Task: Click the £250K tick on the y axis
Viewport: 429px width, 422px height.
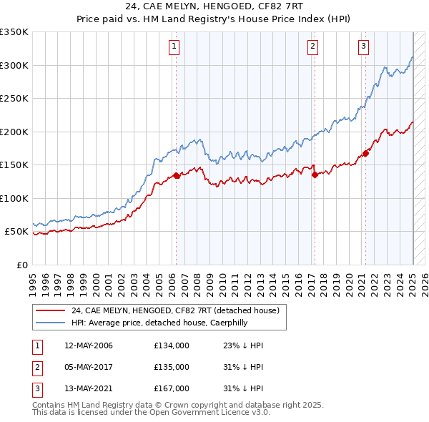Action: pyautogui.click(x=14, y=99)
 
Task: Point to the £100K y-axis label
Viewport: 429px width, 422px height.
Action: pyautogui.click(x=14, y=198)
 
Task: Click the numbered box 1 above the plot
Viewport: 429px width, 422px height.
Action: pyautogui.click(x=174, y=47)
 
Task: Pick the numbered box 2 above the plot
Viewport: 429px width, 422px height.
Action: pyautogui.click(x=313, y=47)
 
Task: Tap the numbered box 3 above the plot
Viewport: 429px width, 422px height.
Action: pyautogui.click(x=364, y=47)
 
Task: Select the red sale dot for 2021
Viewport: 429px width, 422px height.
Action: pyautogui.click(x=365, y=153)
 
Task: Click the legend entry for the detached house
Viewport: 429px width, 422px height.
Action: pyautogui.click(x=179, y=310)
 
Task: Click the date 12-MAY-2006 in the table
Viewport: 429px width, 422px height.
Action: pyautogui.click(x=89, y=345)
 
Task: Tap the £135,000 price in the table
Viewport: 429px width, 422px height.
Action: pyautogui.click(x=172, y=367)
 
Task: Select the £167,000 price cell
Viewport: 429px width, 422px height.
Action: pyautogui.click(x=172, y=388)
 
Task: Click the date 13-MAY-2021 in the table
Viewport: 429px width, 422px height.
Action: pyautogui.click(x=89, y=388)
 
